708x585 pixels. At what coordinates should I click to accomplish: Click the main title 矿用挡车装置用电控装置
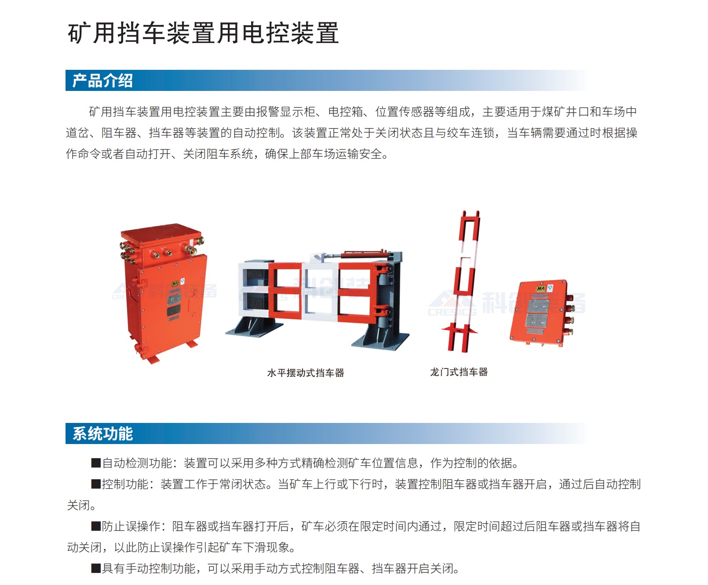[x=203, y=33]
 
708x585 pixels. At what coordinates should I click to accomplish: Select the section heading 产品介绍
[x=102, y=81]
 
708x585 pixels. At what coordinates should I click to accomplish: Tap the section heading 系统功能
[x=102, y=433]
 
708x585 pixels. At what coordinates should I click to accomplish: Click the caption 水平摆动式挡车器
[x=306, y=373]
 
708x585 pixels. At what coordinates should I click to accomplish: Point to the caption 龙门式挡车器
[x=459, y=372]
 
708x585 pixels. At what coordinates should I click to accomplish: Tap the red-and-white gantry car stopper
[x=464, y=281]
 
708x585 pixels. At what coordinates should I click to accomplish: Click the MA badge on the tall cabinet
[x=175, y=284]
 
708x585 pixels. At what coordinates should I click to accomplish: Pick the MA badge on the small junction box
[x=540, y=289]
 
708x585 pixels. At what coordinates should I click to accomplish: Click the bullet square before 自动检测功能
[x=96, y=463]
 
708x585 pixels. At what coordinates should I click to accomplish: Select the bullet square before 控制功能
[x=96, y=484]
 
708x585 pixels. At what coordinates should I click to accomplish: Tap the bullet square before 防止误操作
[x=96, y=526]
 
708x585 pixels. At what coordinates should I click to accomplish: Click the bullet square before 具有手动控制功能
[x=96, y=568]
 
